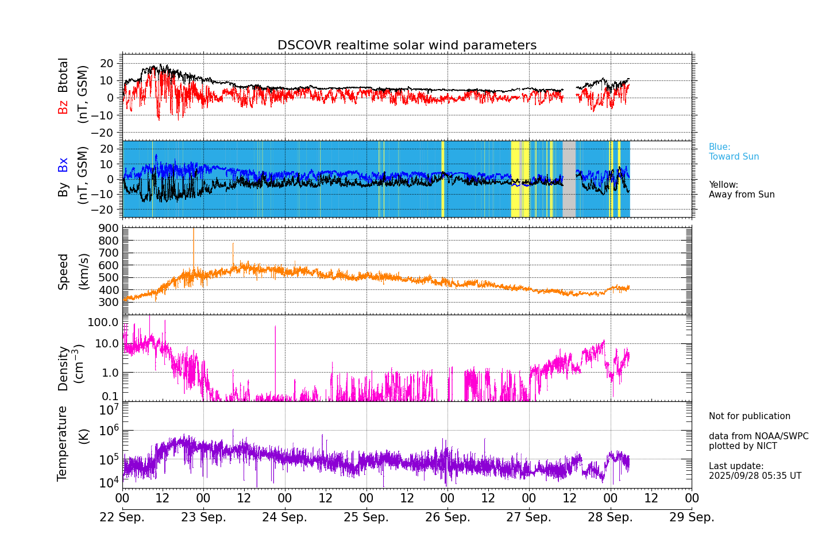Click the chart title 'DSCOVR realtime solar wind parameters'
pyautogui.click(x=407, y=45)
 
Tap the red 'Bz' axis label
pyautogui.click(x=63, y=107)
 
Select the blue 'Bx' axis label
pyautogui.click(x=63, y=165)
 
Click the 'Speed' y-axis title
pyautogui.click(x=63, y=271)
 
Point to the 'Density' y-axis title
pyautogui.click(x=63, y=368)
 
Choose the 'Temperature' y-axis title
pyautogui.click(x=62, y=443)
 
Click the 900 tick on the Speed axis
pyautogui.click(x=111, y=228)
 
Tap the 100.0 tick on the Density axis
pyautogui.click(x=103, y=322)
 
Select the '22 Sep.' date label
pyautogui.click(x=122, y=517)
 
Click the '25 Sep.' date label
pyautogui.click(x=366, y=517)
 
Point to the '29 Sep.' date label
pyautogui.click(x=692, y=517)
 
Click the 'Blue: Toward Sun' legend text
pyautogui.click(x=734, y=152)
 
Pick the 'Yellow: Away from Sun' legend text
pyautogui.click(x=741, y=189)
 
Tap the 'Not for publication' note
pyautogui.click(x=749, y=416)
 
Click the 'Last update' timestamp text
pyautogui.click(x=754, y=471)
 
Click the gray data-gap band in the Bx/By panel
pyautogui.click(x=569, y=179)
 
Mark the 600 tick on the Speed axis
pyautogui.click(x=111, y=265)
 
